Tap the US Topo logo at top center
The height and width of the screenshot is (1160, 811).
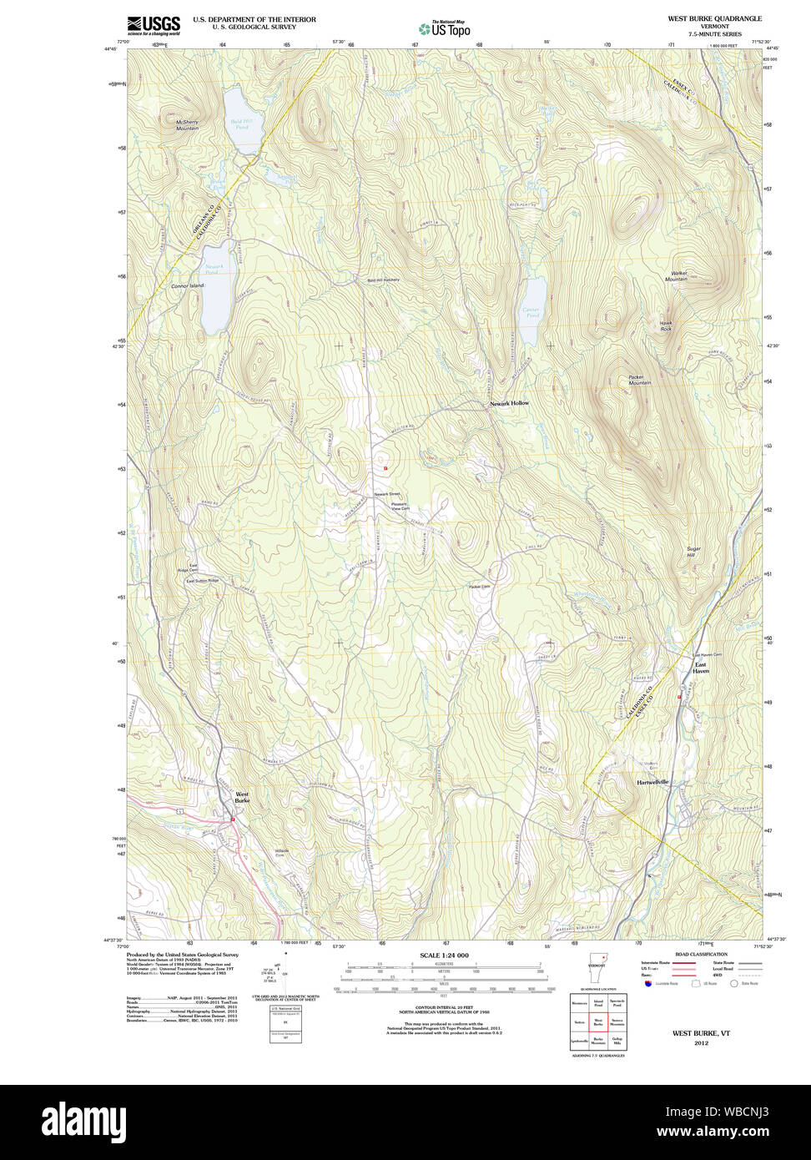click(444, 28)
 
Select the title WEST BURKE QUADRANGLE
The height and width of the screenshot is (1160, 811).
click(714, 18)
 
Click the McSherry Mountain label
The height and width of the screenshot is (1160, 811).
click(188, 124)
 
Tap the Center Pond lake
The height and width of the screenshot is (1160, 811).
click(531, 310)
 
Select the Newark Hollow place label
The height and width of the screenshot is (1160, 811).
click(509, 403)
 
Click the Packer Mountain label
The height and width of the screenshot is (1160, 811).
click(640, 380)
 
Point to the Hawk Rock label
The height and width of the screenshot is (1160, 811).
click(666, 326)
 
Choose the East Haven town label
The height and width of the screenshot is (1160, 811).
click(701, 668)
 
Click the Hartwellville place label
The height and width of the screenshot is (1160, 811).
click(653, 782)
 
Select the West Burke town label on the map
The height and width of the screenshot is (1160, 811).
click(242, 797)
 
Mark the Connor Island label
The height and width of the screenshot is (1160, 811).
click(187, 286)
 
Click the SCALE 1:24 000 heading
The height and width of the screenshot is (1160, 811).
click(444, 955)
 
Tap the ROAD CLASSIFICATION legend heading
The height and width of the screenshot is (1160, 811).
click(701, 954)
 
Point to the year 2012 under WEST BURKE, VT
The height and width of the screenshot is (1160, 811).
click(701, 1042)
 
